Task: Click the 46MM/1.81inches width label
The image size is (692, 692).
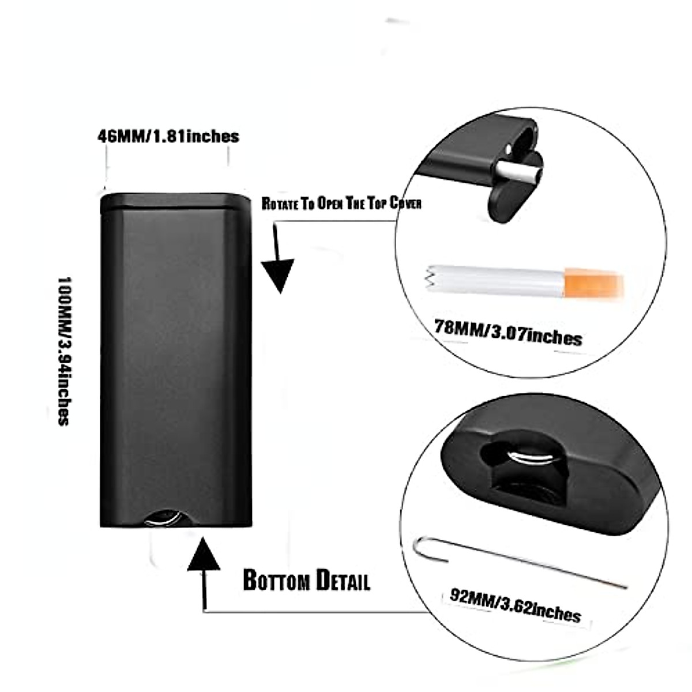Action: click(x=168, y=136)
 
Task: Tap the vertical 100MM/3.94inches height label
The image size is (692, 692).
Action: click(x=64, y=352)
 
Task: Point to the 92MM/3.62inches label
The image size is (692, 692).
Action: click(x=515, y=604)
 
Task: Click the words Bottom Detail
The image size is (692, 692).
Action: click(x=306, y=580)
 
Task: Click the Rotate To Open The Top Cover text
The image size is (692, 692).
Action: click(x=341, y=204)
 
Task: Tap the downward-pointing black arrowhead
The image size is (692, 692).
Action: click(x=279, y=276)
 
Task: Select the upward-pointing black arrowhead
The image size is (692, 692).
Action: click(x=204, y=555)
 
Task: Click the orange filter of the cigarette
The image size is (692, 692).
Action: click(x=594, y=282)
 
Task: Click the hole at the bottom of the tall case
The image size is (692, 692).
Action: click(x=163, y=517)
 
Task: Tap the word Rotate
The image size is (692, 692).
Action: click(x=280, y=204)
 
